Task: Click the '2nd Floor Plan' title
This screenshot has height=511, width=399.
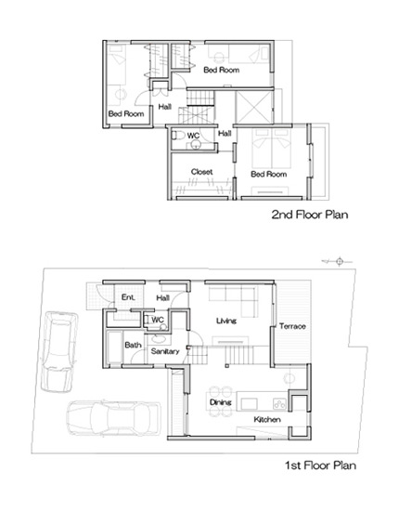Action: point(310,215)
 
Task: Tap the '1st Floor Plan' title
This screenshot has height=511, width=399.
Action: point(320,465)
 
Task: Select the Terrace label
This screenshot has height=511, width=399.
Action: point(292,326)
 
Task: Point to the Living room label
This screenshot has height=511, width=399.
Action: point(226,321)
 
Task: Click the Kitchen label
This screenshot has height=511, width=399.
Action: point(267,419)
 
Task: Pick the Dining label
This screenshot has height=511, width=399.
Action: point(220,402)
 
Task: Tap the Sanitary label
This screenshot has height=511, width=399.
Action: point(165,351)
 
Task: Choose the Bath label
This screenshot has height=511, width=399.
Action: point(133,345)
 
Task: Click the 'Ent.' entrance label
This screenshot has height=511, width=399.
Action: point(128,297)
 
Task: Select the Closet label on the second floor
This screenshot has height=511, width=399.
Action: point(201,172)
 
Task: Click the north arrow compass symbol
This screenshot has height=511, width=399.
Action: point(338,261)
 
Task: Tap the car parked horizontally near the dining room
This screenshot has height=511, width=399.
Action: point(113,418)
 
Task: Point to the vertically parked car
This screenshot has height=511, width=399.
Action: point(58,351)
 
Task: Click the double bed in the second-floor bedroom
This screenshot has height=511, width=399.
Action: point(271,149)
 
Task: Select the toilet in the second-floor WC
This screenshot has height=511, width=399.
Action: point(178,135)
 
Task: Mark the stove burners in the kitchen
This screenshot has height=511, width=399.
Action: point(279,404)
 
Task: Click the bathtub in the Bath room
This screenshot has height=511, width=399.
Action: point(114,347)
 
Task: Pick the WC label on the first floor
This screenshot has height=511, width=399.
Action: point(158,320)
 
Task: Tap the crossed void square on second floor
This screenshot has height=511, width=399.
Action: point(253,107)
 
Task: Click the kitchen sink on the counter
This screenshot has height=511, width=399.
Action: point(249,404)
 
